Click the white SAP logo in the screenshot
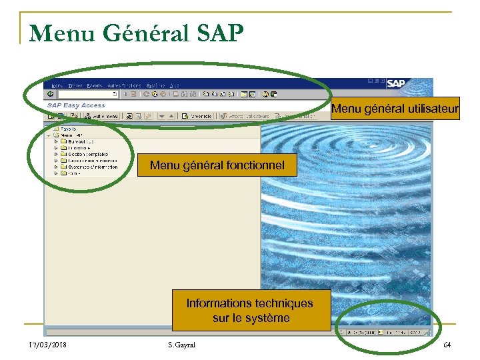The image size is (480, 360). (395, 84)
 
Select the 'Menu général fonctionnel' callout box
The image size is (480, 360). (217, 165)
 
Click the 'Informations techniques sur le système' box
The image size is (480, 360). (251, 311)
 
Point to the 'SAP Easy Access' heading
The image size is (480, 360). (76, 105)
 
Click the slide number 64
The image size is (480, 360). (446, 344)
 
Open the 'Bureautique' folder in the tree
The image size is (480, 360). (80, 141)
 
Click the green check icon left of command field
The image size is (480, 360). (50, 95)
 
